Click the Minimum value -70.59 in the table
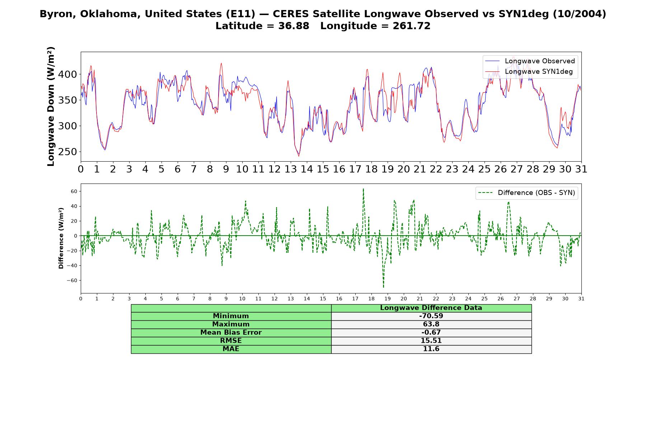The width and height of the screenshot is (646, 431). point(431,316)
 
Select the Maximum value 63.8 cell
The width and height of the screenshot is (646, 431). point(431,324)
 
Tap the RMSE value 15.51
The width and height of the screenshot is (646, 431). point(431,341)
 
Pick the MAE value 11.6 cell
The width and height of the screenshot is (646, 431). point(431,349)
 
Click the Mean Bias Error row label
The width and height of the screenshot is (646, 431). point(231,333)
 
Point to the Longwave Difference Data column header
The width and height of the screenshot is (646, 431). point(431,308)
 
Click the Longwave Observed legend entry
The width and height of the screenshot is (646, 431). point(530,61)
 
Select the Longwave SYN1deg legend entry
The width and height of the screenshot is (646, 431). point(529,71)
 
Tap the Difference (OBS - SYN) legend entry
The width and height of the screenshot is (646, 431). point(526,193)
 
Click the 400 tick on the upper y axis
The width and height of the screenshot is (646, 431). point(68,74)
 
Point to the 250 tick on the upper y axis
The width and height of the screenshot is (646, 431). point(68,152)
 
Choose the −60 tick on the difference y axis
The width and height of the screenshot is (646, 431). point(72,281)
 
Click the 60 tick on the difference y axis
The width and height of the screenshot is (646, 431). point(74,191)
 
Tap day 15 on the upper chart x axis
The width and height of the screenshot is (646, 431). point(323,169)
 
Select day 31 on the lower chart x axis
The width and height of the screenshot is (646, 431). point(581,298)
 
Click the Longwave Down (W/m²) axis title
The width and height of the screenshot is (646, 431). point(51,106)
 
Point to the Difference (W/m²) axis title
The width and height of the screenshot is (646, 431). point(61,238)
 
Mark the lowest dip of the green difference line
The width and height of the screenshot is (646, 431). point(383,287)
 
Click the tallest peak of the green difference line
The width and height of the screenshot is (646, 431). point(363,189)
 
